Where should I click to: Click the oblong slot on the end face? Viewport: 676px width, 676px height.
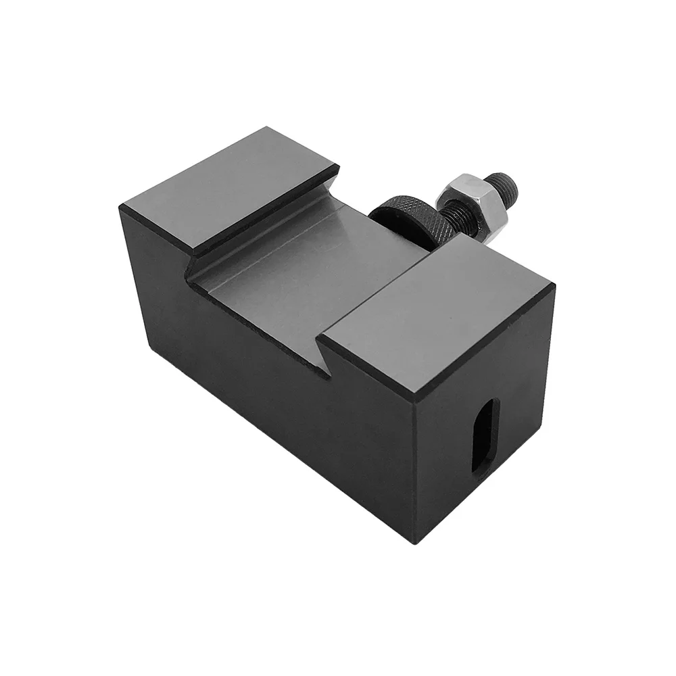click(x=485, y=437)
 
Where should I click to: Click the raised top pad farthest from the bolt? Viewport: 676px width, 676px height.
click(x=230, y=186)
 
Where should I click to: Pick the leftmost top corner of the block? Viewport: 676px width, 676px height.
click(x=122, y=208)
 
